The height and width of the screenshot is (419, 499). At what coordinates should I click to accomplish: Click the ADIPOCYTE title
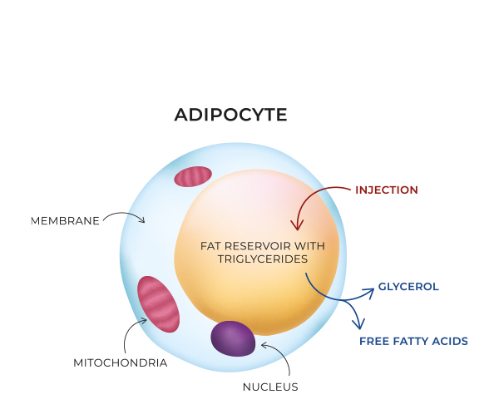click(x=230, y=115)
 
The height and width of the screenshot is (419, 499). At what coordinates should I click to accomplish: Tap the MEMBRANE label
click(x=65, y=220)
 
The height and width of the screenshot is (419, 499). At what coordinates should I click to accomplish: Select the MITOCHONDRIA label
click(x=120, y=362)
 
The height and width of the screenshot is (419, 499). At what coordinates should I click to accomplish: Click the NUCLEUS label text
click(x=269, y=386)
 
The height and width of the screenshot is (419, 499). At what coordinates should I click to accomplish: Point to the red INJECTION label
click(x=386, y=190)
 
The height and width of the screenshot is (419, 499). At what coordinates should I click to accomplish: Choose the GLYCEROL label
click(x=408, y=287)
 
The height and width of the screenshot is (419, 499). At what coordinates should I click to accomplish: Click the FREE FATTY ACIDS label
click(x=413, y=341)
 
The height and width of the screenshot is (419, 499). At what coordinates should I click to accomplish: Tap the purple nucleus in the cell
click(x=233, y=338)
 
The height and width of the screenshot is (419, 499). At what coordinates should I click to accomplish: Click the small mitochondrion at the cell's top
click(x=193, y=176)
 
